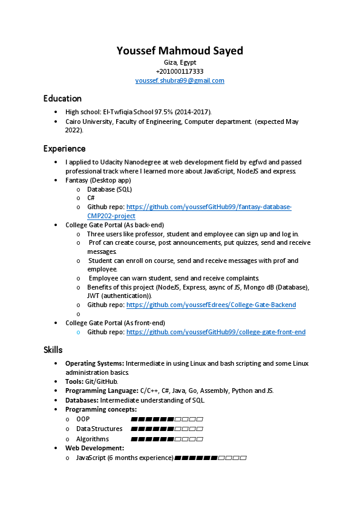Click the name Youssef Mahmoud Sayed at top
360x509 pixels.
(x=180, y=51)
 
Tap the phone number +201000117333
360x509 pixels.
(x=180, y=71)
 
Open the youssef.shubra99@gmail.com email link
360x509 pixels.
(x=180, y=80)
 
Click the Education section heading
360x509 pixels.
(x=62, y=99)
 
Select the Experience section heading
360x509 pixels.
(x=64, y=149)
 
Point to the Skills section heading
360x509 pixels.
(x=53, y=350)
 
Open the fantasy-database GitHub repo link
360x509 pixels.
(x=209, y=207)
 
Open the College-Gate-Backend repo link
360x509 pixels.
(x=211, y=305)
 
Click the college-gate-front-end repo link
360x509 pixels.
(x=216, y=332)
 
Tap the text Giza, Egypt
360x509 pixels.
(x=180, y=62)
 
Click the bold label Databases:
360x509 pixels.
(x=82, y=400)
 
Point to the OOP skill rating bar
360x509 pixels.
(x=166, y=419)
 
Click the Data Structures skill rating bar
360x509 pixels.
(x=166, y=429)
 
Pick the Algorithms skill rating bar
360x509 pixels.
(x=166, y=439)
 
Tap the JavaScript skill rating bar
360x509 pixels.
(x=210, y=458)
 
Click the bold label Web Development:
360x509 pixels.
(x=94, y=448)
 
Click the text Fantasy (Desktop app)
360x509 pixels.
(x=98, y=180)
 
